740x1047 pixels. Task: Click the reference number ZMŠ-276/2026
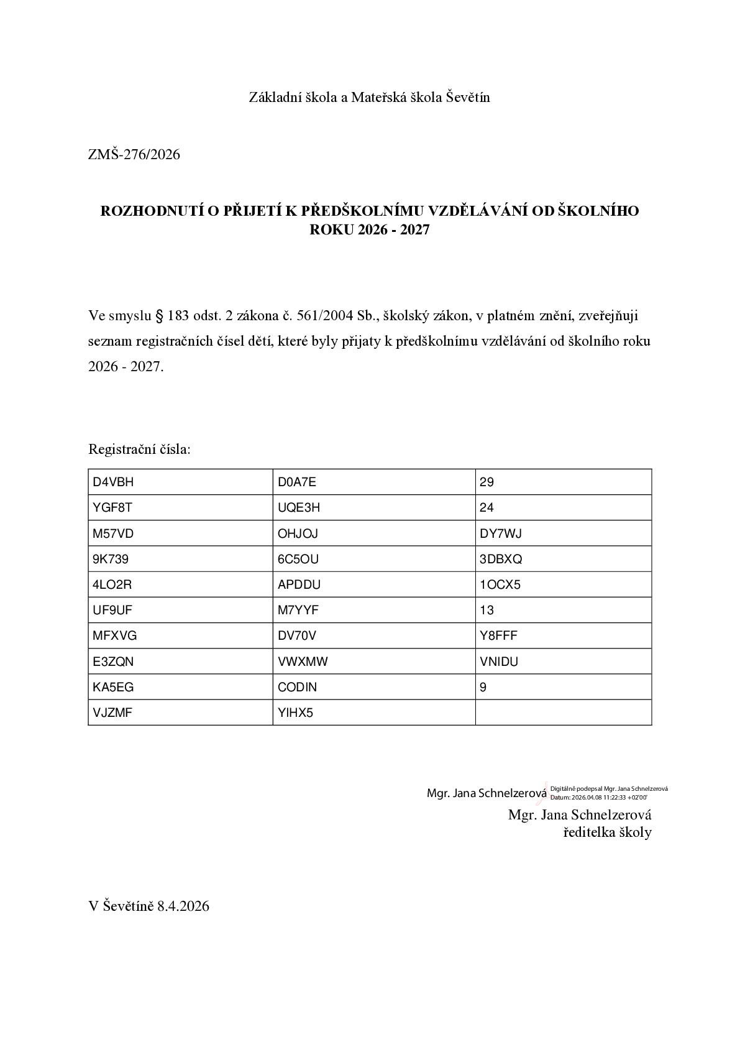click(134, 154)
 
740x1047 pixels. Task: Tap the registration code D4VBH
click(113, 482)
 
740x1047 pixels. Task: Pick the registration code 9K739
click(111, 559)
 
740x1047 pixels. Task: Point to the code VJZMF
click(112, 713)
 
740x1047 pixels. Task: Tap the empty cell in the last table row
click(563, 713)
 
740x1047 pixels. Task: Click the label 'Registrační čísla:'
click(140, 449)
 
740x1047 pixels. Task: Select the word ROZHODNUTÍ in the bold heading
click(151, 211)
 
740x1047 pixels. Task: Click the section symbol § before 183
click(158, 316)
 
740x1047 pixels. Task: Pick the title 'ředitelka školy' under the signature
click(607, 833)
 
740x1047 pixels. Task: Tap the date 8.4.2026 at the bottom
click(183, 906)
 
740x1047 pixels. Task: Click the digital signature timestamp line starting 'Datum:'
click(598, 797)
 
